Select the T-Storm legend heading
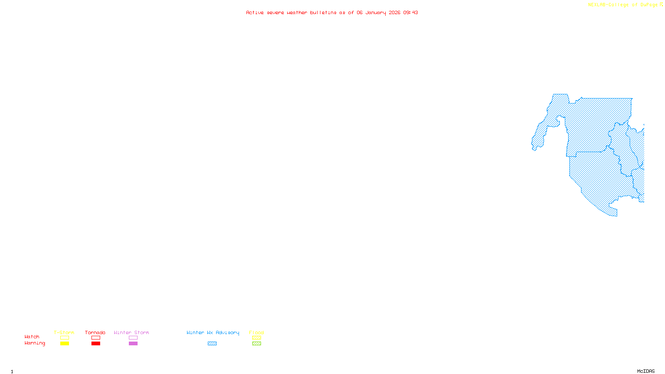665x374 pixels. tap(64, 332)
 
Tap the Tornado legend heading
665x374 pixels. tap(95, 332)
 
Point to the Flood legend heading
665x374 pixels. tap(256, 332)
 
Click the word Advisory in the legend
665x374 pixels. tap(227, 332)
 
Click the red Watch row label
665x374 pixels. tap(32, 337)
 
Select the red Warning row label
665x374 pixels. tap(35, 343)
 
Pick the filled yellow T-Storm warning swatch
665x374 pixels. tap(64, 344)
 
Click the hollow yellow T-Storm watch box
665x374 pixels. tap(64, 338)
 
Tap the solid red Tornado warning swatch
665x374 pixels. tap(96, 344)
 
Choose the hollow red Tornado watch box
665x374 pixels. tap(96, 338)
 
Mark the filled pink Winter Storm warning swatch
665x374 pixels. tap(133, 344)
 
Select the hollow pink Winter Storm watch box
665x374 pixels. tap(133, 338)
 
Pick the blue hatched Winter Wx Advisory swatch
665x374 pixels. tap(212, 344)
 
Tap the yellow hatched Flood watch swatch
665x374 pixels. tap(256, 338)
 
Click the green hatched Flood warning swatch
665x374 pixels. tap(256, 344)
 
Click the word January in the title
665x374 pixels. tap(376, 12)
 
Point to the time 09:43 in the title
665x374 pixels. tap(411, 12)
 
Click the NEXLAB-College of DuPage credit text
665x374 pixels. tap(623, 5)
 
